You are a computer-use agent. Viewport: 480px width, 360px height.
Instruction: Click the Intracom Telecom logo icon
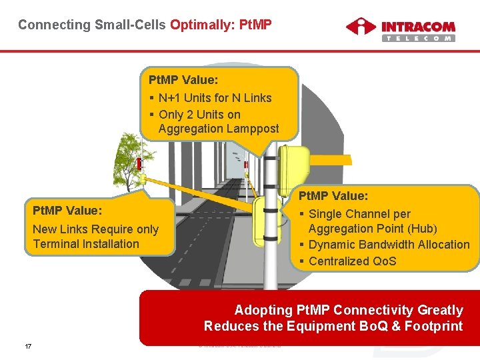(361, 28)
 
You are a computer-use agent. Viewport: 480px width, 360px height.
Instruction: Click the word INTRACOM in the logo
(418, 26)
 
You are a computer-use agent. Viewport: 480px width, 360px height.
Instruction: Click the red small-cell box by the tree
(139, 164)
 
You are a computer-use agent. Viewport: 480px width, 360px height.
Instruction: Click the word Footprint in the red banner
(432, 326)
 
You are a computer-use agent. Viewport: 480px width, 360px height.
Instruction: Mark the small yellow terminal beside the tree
(142, 178)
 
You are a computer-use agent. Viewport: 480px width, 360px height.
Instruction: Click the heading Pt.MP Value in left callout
(67, 211)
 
